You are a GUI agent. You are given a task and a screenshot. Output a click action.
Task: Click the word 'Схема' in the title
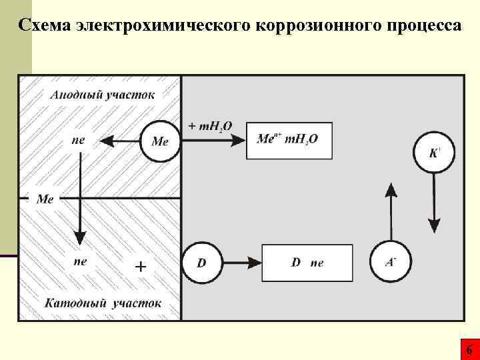(x=46, y=25)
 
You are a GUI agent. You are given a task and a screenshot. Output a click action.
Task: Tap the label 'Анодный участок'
(x=102, y=94)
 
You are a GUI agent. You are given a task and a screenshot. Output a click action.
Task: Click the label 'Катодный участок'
(x=103, y=303)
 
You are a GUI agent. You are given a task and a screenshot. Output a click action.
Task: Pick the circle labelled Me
(x=161, y=141)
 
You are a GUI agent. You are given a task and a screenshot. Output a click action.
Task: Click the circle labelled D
(x=202, y=263)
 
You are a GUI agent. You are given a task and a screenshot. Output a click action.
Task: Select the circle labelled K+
(x=434, y=153)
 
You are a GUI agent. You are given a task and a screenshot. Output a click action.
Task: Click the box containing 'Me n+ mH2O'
(x=289, y=140)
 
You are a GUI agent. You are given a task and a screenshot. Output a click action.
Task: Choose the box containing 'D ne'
(x=307, y=263)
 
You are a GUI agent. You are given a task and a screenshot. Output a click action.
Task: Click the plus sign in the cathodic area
(x=141, y=267)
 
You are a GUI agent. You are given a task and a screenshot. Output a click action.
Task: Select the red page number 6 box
(x=469, y=349)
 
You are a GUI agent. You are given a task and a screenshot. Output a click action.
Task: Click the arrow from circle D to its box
(x=241, y=263)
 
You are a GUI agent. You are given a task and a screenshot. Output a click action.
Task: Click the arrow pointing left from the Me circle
(x=120, y=141)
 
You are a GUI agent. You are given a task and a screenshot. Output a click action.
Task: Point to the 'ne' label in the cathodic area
(x=80, y=262)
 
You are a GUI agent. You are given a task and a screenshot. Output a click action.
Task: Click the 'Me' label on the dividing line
(x=45, y=199)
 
